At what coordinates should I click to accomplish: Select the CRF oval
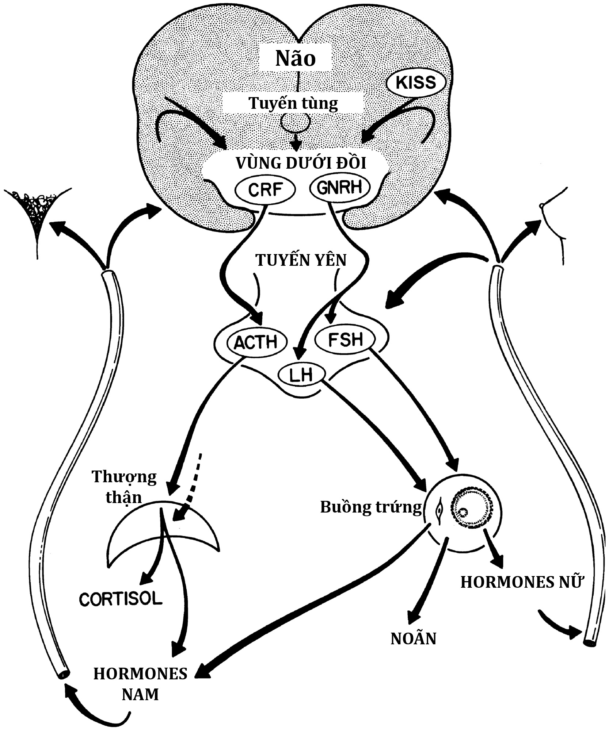click(x=264, y=189)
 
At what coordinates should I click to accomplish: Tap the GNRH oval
click(x=339, y=187)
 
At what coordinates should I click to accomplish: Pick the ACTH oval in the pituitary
click(x=257, y=342)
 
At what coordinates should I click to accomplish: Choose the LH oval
click(x=301, y=375)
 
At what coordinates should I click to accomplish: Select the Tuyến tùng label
click(x=293, y=103)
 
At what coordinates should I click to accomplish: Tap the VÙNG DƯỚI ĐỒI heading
click(x=301, y=163)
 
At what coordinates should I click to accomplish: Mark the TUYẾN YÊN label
click(x=301, y=260)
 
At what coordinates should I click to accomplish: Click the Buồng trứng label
click(x=371, y=507)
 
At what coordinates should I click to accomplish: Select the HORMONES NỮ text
click(x=521, y=582)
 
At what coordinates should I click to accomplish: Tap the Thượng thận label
click(x=124, y=487)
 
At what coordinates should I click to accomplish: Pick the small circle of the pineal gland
click(x=295, y=122)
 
